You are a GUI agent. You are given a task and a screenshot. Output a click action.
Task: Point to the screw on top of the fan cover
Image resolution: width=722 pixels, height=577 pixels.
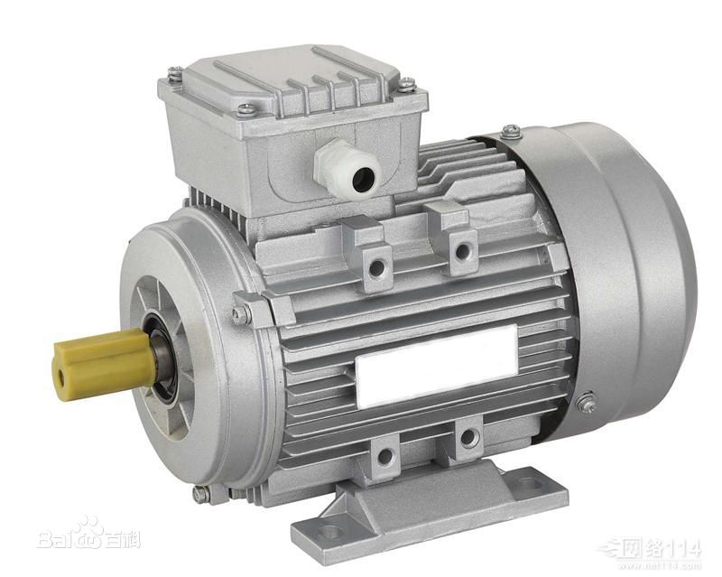(x=511, y=132)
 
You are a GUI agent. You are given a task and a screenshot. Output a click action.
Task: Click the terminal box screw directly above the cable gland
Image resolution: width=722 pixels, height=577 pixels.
(x=245, y=109)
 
